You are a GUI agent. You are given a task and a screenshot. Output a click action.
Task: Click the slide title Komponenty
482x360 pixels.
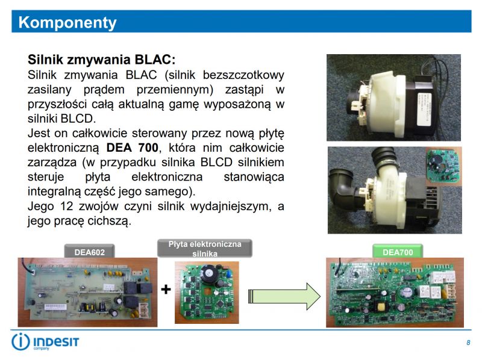[x=67, y=23]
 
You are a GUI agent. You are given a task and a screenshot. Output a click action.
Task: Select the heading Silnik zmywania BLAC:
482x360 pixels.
[x=102, y=60]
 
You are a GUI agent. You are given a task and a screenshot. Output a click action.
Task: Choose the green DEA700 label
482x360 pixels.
[x=398, y=252]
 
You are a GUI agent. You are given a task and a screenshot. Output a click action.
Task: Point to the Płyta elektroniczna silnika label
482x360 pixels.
[x=205, y=249]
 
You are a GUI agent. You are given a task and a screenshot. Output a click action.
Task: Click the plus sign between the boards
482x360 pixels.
[x=166, y=290]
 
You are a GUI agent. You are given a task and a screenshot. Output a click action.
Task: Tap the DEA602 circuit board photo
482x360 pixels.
[x=87, y=292]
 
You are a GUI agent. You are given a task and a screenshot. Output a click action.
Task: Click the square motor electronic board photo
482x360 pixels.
[x=207, y=291]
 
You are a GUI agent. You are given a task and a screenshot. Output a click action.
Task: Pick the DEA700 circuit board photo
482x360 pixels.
[x=395, y=293]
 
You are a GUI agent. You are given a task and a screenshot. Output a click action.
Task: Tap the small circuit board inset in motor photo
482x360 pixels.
[x=443, y=164]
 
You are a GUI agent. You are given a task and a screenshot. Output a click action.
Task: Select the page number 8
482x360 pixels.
[x=468, y=343]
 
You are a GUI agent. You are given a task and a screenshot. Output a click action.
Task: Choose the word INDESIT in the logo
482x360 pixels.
[x=57, y=340]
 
